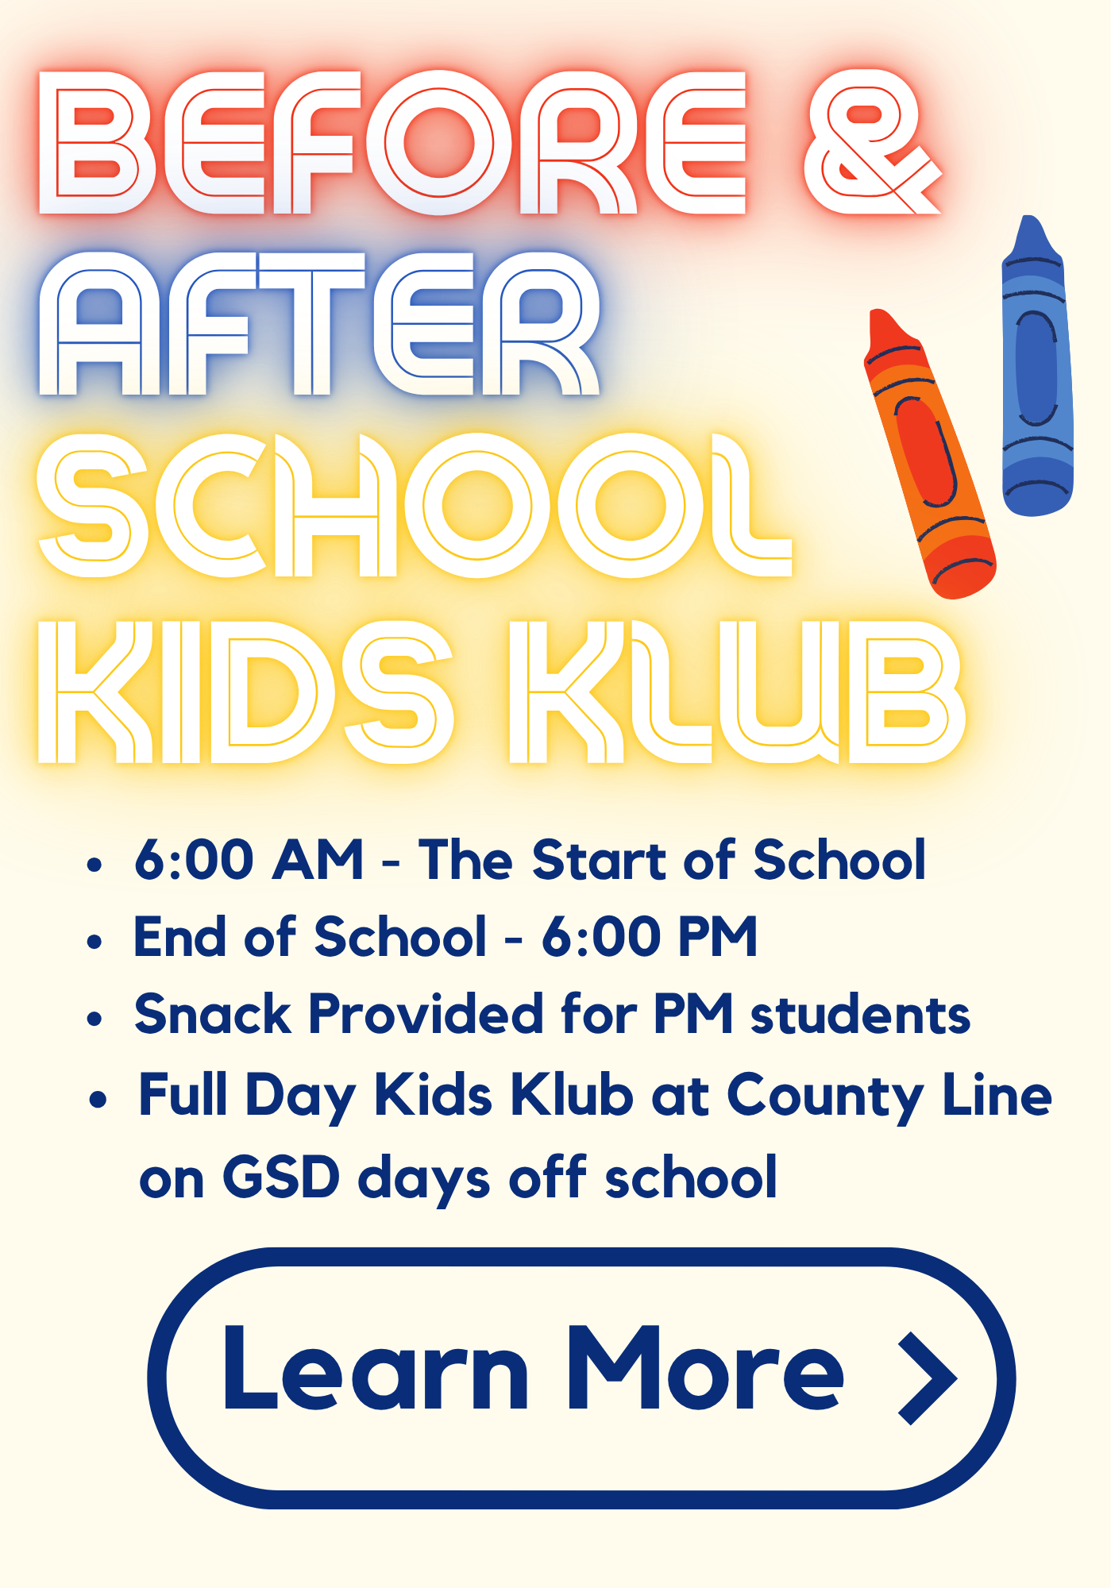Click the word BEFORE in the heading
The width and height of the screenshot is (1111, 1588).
tap(392, 143)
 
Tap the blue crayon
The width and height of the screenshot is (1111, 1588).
tap(1036, 373)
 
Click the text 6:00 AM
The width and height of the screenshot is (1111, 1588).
tap(249, 860)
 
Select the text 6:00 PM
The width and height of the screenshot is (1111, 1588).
tap(649, 937)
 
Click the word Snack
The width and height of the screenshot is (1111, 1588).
tap(213, 1015)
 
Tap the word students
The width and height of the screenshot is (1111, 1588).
tap(860, 1016)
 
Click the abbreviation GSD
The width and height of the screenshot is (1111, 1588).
tap(281, 1178)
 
